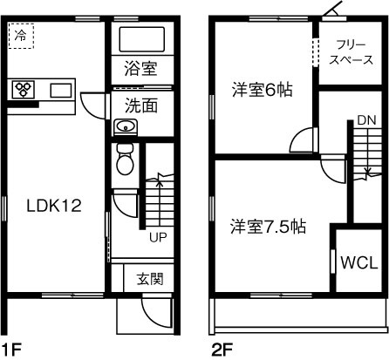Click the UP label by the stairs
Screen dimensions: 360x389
(158, 236)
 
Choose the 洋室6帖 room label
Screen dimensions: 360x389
(263, 89)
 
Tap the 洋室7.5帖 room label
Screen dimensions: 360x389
(268, 227)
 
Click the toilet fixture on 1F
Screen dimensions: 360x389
(124, 160)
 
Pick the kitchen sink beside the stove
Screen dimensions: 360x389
(61, 90)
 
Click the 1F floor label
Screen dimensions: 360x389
(11, 350)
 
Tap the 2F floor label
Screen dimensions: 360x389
(222, 350)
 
